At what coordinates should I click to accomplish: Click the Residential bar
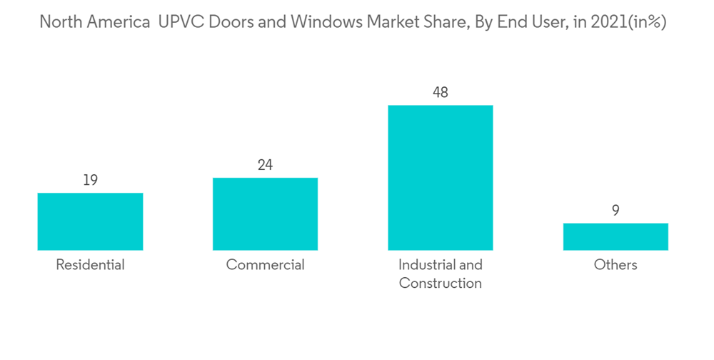[90, 221]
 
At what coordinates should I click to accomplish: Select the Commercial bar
[265, 214]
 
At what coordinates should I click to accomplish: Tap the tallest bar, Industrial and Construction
[441, 178]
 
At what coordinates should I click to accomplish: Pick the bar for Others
[615, 236]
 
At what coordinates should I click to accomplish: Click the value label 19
[90, 180]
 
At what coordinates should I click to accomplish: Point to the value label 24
[265, 165]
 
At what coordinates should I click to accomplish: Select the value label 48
[441, 92]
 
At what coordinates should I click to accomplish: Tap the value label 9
[615, 210]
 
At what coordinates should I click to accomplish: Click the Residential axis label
[90, 265]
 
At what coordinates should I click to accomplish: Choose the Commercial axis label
[265, 265]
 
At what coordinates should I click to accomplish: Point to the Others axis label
[615, 265]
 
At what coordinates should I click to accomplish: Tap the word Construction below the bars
[441, 284]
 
